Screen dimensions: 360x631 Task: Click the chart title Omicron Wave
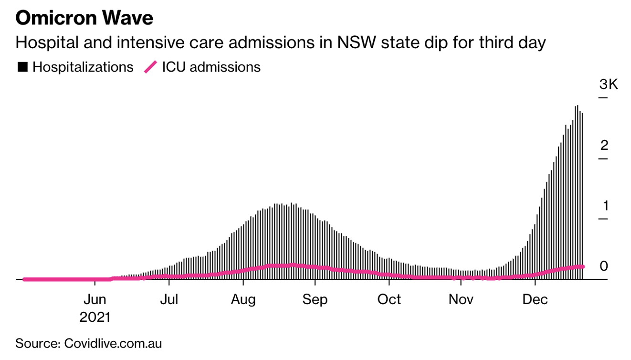pos(84,18)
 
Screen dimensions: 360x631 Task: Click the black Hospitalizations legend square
pos(22,67)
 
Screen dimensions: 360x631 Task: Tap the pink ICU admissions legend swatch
pos(150,67)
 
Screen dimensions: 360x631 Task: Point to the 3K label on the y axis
pos(609,85)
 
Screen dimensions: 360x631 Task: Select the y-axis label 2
pos(604,145)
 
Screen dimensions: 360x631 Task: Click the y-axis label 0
pos(604,266)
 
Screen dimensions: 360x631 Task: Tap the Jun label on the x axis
pos(95,300)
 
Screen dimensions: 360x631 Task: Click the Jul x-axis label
pos(169,300)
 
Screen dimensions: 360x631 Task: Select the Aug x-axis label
pos(243,300)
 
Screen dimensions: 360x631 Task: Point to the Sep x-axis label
pos(315,300)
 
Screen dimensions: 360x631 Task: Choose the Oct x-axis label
pos(389,300)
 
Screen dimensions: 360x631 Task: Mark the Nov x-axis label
pos(461,300)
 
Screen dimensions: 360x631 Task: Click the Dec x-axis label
pos(536,300)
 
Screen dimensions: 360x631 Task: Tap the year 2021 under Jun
pos(95,317)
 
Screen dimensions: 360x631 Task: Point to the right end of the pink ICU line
pos(582,266)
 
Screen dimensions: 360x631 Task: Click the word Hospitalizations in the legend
pos(83,67)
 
